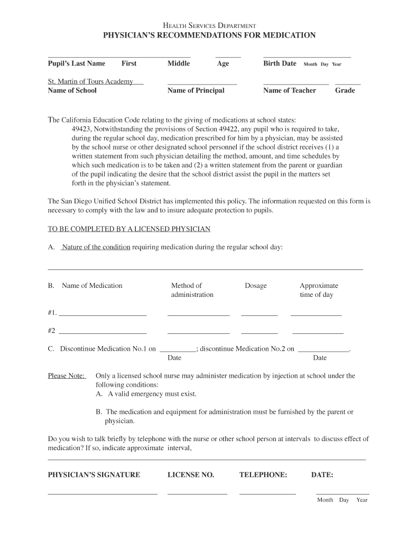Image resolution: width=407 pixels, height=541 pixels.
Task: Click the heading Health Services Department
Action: [209, 25]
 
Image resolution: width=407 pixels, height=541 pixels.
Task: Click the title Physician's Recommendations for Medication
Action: [209, 35]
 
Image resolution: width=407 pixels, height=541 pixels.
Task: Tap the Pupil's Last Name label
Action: [77, 63]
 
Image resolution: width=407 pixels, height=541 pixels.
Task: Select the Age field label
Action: [223, 63]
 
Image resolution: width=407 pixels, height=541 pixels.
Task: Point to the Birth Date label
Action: [280, 63]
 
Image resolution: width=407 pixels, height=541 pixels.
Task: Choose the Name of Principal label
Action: [196, 90]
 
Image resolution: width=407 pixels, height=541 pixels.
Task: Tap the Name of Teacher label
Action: [289, 90]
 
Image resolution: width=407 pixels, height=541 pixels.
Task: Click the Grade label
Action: [345, 90]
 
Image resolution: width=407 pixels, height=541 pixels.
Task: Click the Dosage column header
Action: [256, 286]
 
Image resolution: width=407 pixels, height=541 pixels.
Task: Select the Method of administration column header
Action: [192, 290]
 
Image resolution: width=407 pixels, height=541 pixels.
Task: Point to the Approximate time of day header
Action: [318, 290]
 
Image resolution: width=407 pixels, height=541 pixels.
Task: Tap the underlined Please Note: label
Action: [67, 376]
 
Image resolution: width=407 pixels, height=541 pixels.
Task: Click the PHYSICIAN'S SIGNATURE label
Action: [94, 475]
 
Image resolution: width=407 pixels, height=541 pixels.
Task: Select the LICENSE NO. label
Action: [191, 475]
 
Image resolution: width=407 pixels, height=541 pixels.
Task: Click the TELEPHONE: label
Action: [263, 475]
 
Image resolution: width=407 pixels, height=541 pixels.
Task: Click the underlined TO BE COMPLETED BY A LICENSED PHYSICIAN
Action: [129, 229]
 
